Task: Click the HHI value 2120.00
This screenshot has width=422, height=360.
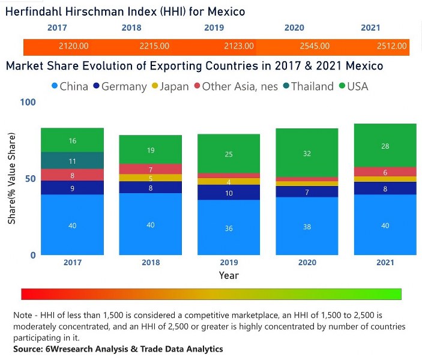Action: point(74,46)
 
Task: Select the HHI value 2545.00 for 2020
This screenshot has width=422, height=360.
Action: point(314,46)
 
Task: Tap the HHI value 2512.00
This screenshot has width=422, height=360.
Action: point(392,46)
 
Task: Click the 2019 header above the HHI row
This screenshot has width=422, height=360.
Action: point(214,28)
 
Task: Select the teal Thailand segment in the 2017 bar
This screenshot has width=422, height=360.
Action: point(72,161)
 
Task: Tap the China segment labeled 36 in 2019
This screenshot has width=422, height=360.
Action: point(228,228)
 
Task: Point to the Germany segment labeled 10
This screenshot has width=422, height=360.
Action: point(228,193)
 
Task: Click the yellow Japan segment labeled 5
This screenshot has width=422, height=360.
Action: point(151,178)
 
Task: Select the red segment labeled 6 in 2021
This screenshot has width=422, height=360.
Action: point(385,172)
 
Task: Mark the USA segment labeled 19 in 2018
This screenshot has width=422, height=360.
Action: point(151,150)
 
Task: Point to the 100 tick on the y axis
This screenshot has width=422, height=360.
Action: point(28,102)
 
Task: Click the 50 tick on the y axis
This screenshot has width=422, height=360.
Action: point(31,179)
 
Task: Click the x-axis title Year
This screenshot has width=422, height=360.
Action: point(229,275)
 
